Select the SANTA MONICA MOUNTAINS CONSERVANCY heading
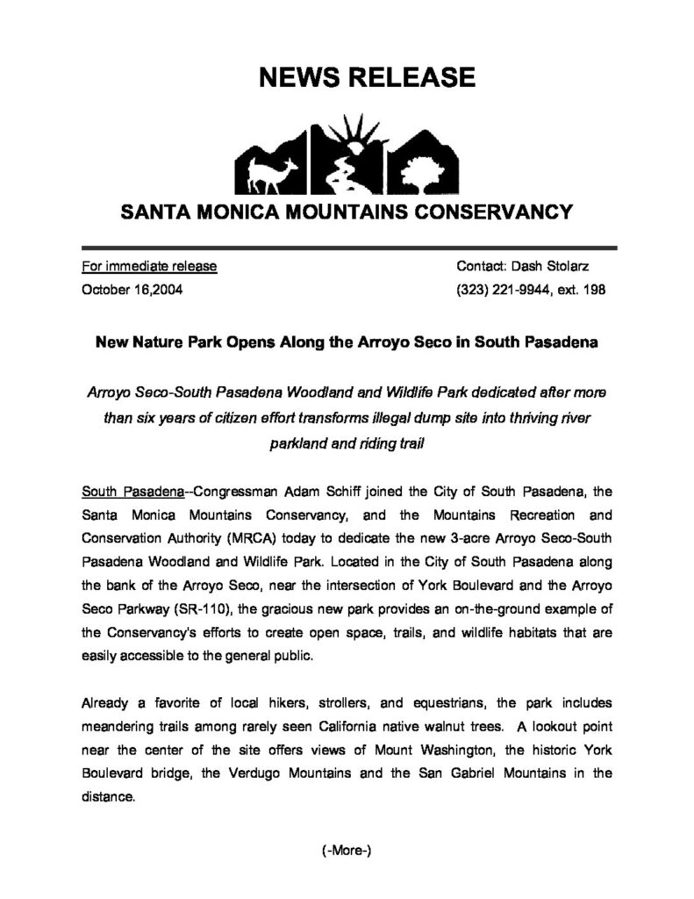pyautogui.click(x=347, y=212)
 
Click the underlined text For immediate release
pyautogui.click(x=149, y=265)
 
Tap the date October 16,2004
pyautogui.click(x=132, y=289)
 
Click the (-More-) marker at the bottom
pyautogui.click(x=346, y=850)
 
